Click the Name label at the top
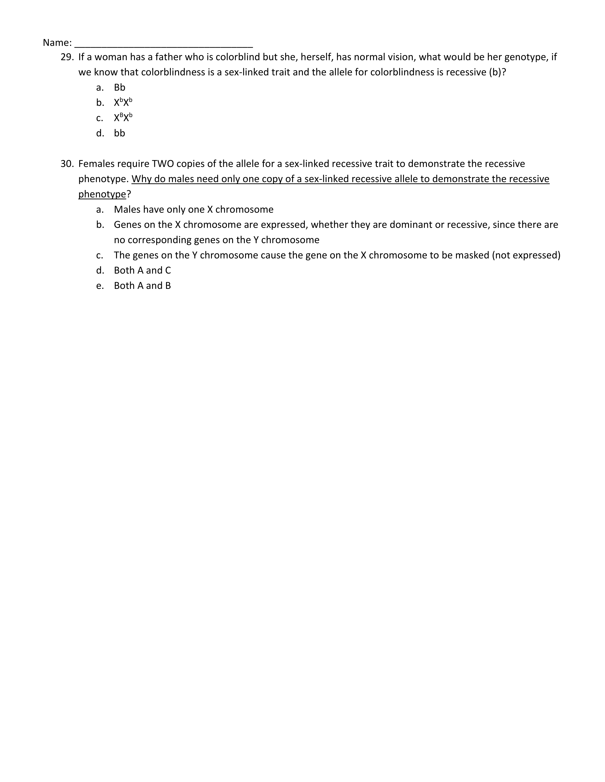tap(57, 43)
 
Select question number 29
tap(67, 57)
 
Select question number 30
tap(67, 164)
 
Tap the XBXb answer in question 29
tap(123, 118)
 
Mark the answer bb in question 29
tap(119, 133)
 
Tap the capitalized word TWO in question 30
tap(163, 164)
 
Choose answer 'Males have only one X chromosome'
tap(194, 209)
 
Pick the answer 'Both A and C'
tap(142, 270)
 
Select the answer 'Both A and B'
tap(142, 286)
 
